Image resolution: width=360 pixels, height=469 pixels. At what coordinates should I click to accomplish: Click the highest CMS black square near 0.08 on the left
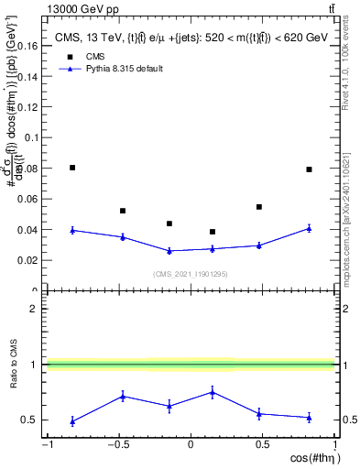coord(72,168)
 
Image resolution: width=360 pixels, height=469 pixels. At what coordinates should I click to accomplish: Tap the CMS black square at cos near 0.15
coord(213,232)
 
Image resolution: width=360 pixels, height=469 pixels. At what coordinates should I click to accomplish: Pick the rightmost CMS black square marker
coord(310,169)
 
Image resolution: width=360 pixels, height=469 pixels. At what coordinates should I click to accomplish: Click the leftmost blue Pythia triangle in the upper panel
coord(72,230)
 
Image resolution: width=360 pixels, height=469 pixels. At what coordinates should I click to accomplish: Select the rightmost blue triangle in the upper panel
coord(310,228)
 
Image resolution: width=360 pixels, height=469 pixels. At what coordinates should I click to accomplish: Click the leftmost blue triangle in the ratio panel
coord(72,421)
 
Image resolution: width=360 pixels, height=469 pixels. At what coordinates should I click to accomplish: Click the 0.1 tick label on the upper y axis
coord(30,136)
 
